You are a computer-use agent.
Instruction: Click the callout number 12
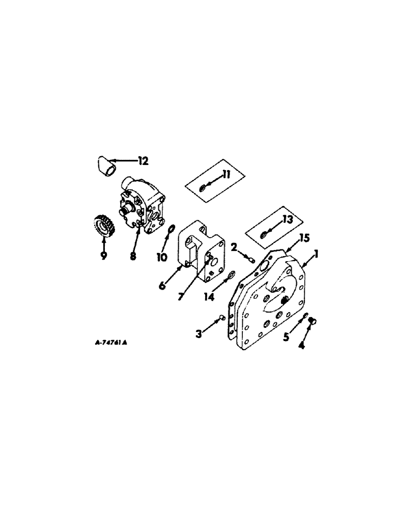142,161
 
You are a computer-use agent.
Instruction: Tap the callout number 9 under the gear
103,257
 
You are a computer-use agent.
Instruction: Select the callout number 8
133,257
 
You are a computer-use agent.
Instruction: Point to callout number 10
162,257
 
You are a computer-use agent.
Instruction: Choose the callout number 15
305,238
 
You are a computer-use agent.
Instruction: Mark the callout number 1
316,254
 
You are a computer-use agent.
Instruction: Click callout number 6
162,285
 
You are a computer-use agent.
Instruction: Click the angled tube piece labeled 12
104,166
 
